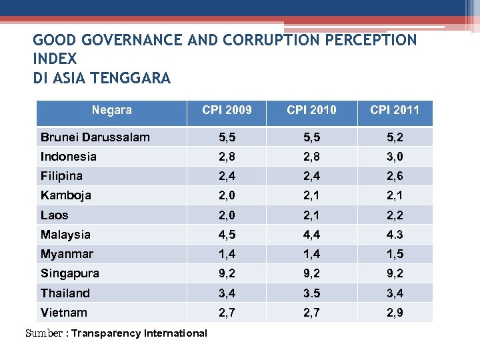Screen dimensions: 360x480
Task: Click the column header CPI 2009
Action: (227, 110)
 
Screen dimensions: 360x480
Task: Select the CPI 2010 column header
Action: (311, 110)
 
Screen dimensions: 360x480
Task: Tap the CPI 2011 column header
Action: (395, 110)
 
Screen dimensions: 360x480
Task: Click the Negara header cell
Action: (111, 110)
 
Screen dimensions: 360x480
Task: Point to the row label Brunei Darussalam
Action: (95, 137)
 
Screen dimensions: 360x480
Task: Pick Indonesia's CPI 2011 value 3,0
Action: (395, 157)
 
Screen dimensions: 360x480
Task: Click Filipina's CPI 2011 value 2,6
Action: (395, 176)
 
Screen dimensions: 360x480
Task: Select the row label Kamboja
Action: (66, 195)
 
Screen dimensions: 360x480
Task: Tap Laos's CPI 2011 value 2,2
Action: (395, 215)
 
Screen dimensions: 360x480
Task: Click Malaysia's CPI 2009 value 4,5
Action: (227, 235)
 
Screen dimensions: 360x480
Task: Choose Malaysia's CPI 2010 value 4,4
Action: (311, 235)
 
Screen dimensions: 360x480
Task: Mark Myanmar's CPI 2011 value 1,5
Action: (395, 254)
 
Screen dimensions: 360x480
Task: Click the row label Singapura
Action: (70, 273)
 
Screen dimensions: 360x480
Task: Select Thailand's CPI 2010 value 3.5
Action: (311, 293)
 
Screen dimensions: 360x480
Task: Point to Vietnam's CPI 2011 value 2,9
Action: (395, 313)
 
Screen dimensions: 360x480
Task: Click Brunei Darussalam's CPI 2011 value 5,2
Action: (395, 137)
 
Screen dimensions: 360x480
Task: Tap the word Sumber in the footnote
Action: (44, 333)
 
